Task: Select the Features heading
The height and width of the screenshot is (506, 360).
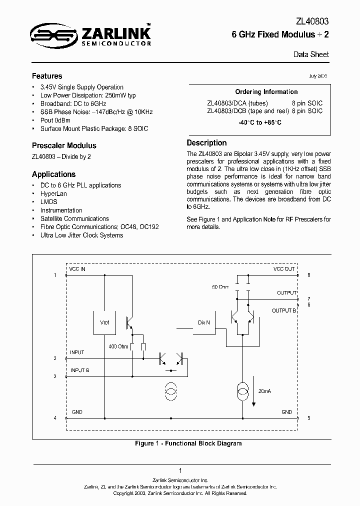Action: pyautogui.click(x=47, y=76)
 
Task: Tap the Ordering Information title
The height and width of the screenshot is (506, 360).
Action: pyautogui.click(x=266, y=91)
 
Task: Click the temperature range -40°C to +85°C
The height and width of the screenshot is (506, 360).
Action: pyautogui.click(x=259, y=122)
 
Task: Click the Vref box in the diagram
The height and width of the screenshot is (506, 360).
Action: pyautogui.click(x=104, y=323)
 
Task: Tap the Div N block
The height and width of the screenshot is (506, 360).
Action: pyautogui.click(x=204, y=323)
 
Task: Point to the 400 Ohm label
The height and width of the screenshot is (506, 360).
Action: pyautogui.click(x=118, y=346)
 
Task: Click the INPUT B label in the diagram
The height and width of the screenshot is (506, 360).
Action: pyautogui.click(x=80, y=370)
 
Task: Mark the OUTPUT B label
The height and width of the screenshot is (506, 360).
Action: pyautogui.click(x=284, y=310)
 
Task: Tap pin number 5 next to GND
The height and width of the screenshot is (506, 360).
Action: pyautogui.click(x=309, y=417)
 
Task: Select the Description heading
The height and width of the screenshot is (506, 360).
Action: pyautogui.click(x=206, y=142)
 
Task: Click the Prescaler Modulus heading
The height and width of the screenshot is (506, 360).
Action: pyautogui.click(x=64, y=145)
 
